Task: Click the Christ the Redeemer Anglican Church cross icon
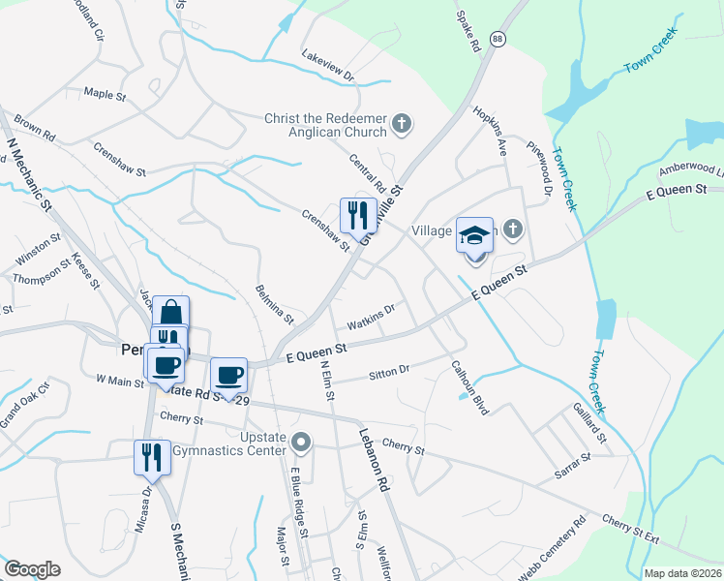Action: pyautogui.click(x=403, y=126)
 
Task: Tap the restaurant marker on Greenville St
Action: pyautogui.click(x=358, y=213)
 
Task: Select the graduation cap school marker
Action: pyautogui.click(x=474, y=234)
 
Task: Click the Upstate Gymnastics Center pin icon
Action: pyautogui.click(x=302, y=443)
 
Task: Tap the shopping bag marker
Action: pyautogui.click(x=170, y=313)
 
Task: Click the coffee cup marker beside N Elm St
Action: pyautogui.click(x=229, y=375)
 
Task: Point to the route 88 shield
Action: pyautogui.click(x=498, y=39)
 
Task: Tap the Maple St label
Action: pyautogui.click(x=105, y=95)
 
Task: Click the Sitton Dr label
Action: pyautogui.click(x=390, y=372)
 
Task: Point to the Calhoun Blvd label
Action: pyautogui.click(x=469, y=388)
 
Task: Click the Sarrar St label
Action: pyautogui.click(x=572, y=462)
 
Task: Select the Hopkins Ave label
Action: pyautogui.click(x=490, y=132)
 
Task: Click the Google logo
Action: pyautogui.click(x=32, y=569)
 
